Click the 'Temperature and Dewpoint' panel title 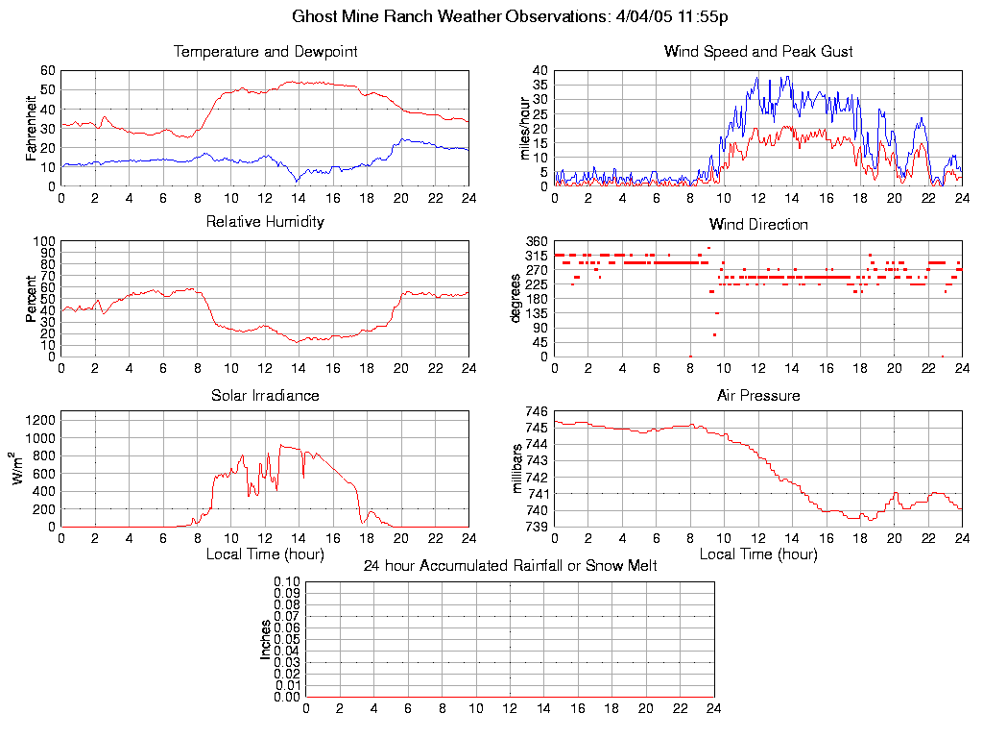265,51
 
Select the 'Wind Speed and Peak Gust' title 758,51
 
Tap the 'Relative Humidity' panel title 265,222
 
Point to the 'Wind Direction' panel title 758,224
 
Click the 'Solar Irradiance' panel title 265,395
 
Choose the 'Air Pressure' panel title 758,395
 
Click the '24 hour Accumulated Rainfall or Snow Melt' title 510,566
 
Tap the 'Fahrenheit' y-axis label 32,128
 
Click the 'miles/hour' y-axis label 525,128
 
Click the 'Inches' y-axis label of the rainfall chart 266,639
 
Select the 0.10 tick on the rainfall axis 287,582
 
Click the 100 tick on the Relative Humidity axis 44,241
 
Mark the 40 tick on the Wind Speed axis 539,70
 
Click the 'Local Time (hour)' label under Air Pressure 758,553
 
